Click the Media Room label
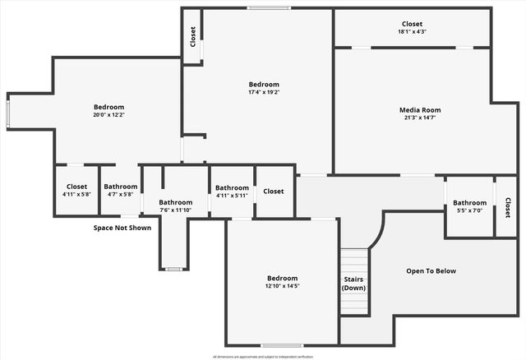tap(420, 109)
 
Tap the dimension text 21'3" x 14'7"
tap(420, 118)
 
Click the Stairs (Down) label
tap(354, 284)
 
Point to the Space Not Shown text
tap(122, 228)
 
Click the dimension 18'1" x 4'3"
tap(412, 32)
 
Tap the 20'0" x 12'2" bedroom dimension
tap(108, 115)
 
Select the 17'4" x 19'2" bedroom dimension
tap(264, 92)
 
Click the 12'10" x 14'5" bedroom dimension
tap(282, 286)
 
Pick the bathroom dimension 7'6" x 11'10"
tap(175, 210)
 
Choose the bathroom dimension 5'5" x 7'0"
tap(469, 211)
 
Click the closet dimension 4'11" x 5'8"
tap(76, 195)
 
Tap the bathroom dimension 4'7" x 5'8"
tap(121, 195)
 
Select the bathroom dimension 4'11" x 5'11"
tap(232, 196)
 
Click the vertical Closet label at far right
tap(507, 208)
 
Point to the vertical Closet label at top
tap(193, 36)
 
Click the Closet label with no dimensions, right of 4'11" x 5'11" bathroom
tap(274, 192)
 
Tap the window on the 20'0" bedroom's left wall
tap(8, 113)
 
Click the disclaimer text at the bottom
tap(262, 357)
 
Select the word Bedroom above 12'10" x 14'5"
tap(282, 278)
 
